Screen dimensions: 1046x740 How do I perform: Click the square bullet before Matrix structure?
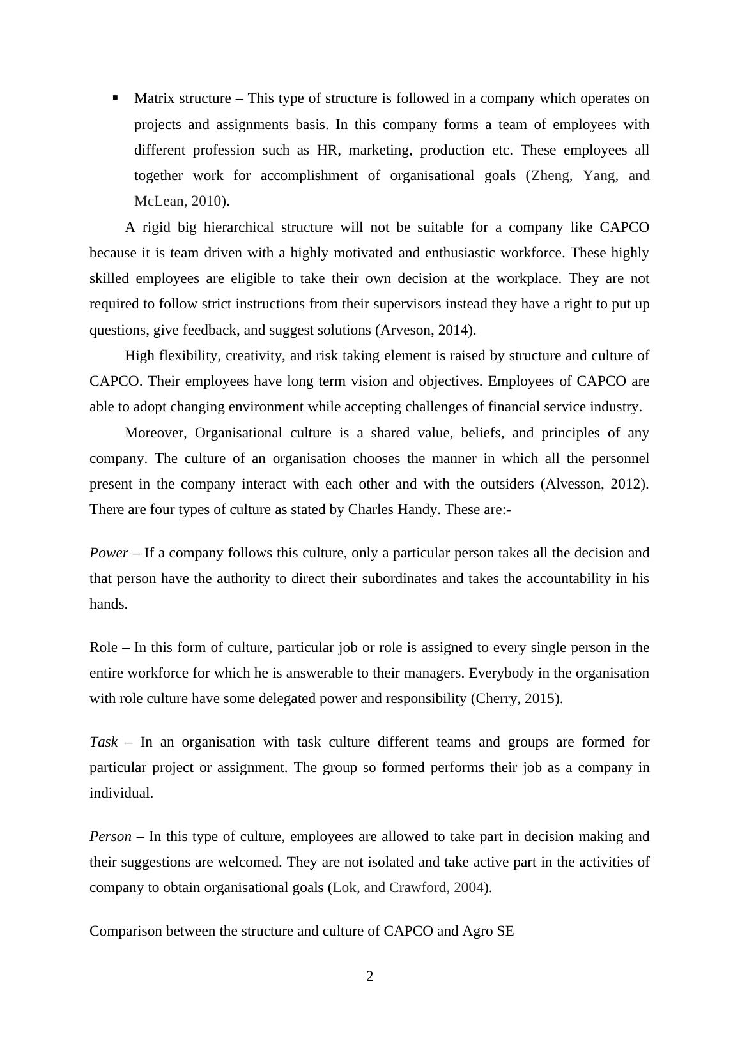[x=116, y=98]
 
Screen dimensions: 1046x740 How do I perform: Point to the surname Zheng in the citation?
[x=551, y=176]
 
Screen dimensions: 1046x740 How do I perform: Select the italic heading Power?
[x=109, y=553]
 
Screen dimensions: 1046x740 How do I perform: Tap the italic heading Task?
[x=104, y=742]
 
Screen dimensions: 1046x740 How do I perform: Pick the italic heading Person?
[x=111, y=837]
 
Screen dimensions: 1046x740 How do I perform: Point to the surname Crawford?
[x=418, y=888]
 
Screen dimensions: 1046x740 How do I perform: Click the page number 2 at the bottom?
[x=369, y=976]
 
